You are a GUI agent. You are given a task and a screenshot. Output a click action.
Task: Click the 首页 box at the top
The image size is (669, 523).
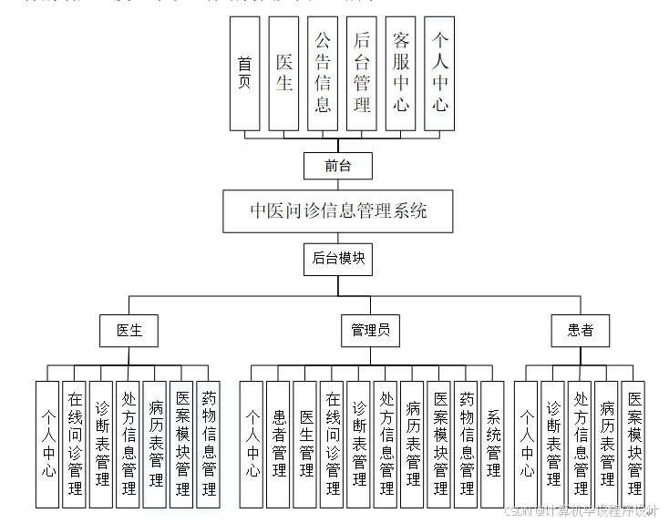click(244, 73)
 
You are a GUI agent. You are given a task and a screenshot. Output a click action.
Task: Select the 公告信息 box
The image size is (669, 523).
click(323, 73)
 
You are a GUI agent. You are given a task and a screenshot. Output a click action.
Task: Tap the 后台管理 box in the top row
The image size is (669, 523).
click(362, 73)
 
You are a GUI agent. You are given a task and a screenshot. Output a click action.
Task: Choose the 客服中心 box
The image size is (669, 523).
click(401, 73)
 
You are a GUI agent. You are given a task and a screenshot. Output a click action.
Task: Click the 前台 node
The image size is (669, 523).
click(337, 166)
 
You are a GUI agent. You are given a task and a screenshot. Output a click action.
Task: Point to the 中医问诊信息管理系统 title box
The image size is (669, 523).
click(338, 211)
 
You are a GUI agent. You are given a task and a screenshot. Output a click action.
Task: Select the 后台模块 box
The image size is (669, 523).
click(338, 259)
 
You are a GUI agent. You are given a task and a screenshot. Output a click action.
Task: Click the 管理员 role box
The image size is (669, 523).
click(370, 331)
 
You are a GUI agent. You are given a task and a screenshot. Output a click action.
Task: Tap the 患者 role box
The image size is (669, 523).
click(580, 331)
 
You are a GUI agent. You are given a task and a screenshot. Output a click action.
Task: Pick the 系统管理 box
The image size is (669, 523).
click(493, 444)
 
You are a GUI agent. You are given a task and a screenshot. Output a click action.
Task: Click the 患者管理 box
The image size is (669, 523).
click(279, 444)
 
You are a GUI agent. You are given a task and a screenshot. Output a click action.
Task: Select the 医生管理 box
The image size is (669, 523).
click(306, 444)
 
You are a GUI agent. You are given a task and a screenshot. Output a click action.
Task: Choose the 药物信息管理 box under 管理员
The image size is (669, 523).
click(467, 444)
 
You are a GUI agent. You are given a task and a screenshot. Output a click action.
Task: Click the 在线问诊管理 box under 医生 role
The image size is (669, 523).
click(75, 444)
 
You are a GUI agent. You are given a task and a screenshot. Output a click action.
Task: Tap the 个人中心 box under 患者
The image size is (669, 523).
click(527, 444)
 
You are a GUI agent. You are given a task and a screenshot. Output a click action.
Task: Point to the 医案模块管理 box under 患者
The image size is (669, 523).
click(633, 444)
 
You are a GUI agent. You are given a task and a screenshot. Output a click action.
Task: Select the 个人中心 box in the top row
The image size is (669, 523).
click(440, 73)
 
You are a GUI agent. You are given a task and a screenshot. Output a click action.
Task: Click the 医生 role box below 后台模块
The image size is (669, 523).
click(129, 331)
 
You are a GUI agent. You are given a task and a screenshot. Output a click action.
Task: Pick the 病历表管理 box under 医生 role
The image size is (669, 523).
click(156, 444)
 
